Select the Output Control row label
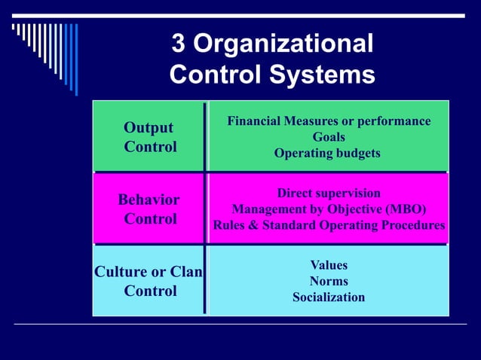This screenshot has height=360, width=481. click(x=149, y=137)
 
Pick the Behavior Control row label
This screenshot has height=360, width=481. click(x=149, y=209)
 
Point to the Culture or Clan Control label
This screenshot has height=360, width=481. click(x=149, y=282)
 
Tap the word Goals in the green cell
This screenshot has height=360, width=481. click(x=329, y=137)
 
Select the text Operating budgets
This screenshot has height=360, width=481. click(x=327, y=153)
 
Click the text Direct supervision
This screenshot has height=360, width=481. click(x=329, y=194)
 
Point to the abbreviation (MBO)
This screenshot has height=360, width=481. click(x=404, y=209)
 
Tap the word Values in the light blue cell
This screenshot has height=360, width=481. click(x=329, y=266)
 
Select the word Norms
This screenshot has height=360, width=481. click(x=329, y=282)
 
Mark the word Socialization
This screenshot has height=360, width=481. click(x=329, y=297)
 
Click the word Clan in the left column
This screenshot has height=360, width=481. click(x=186, y=273)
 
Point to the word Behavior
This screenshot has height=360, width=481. click(x=149, y=200)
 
